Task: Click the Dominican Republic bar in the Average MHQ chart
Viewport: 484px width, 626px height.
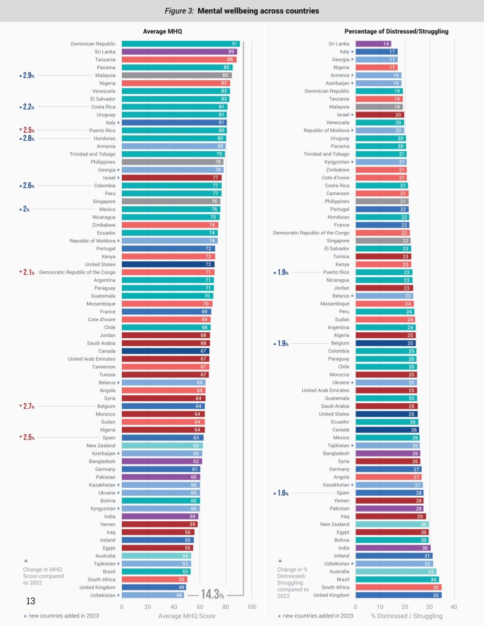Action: point(181,44)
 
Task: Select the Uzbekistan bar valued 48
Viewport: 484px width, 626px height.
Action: point(153,595)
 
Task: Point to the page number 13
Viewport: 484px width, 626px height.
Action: point(30,602)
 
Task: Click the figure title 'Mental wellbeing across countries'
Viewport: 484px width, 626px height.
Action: point(242,10)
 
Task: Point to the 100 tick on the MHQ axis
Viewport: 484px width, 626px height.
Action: point(251,606)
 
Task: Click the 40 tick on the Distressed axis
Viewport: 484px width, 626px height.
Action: point(454,606)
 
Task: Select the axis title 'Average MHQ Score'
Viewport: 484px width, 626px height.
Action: point(187,616)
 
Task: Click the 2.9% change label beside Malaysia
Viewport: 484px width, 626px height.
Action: point(28,76)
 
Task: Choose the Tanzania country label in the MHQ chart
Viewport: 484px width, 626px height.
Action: point(104,59)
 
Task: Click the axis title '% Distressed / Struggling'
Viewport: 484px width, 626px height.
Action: point(406,616)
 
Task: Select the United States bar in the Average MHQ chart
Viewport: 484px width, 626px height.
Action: point(168,264)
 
